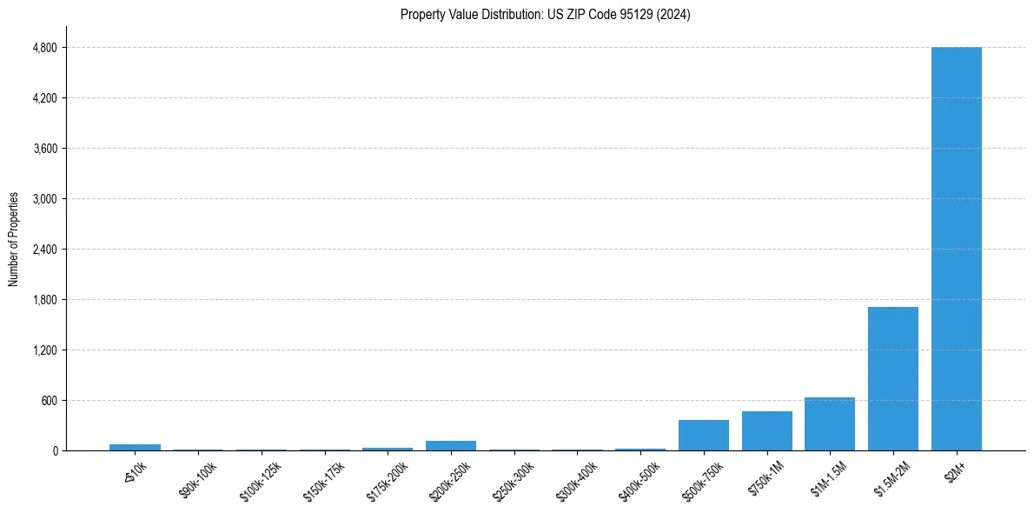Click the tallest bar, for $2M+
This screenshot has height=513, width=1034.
coord(956,249)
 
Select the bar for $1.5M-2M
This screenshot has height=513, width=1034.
coord(892,379)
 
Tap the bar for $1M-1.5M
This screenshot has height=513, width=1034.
coord(830,424)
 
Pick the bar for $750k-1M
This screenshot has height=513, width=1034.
coord(766,431)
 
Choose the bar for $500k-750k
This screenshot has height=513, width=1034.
coord(704,436)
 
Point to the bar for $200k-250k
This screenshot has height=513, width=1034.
coord(451,446)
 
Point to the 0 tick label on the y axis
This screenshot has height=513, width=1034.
coord(54,451)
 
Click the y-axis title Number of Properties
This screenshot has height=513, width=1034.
coord(14,239)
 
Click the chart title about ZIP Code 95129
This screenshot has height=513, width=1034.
coord(546,15)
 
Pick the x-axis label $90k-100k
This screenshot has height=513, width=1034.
coord(198,479)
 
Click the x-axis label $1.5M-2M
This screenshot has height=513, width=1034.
coord(891,478)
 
